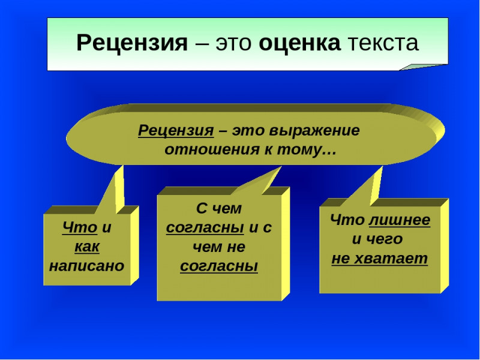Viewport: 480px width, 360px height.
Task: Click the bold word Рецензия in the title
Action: point(132,43)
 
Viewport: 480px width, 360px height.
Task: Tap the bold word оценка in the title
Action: point(299,43)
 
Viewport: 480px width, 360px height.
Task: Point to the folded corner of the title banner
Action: point(422,67)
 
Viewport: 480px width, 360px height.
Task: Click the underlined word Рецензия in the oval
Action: point(176,130)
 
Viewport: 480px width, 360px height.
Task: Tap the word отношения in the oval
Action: point(210,149)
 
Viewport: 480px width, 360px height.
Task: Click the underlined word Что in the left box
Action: point(80,227)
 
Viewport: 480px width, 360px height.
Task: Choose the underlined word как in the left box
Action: point(87,247)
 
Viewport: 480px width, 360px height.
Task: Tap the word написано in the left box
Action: point(87,266)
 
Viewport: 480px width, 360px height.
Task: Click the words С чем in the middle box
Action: point(219,208)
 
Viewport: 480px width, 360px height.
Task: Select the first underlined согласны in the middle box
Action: point(205,228)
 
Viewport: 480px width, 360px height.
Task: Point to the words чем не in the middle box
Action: point(219,247)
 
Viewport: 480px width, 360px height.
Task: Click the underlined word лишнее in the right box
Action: point(400,220)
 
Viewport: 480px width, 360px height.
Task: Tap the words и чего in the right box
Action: point(377,239)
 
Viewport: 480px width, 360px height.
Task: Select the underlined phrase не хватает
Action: point(380,259)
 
